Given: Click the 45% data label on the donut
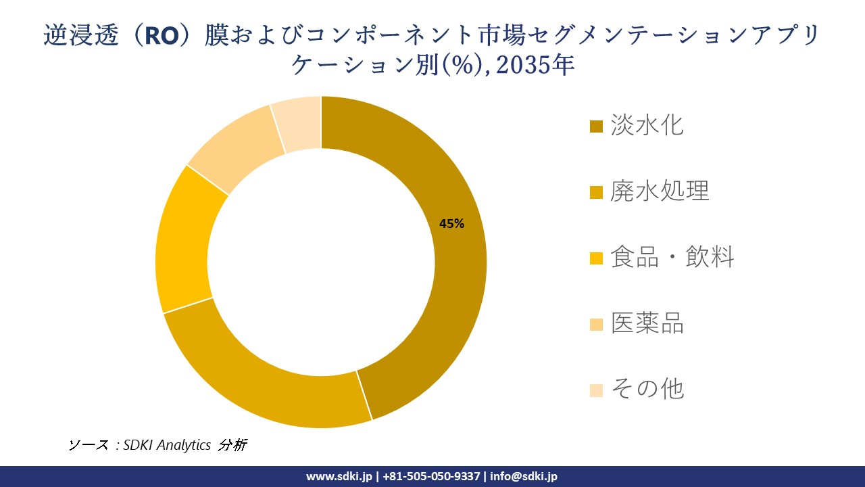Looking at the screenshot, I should point(451,224).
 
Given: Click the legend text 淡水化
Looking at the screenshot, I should point(647,126).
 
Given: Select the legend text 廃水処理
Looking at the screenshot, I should point(660,191).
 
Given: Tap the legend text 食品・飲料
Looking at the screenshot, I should point(672,258).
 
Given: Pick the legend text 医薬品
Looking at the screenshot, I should point(647,323).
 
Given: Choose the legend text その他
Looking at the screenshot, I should point(647,389).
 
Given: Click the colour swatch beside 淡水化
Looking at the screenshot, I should point(596,126).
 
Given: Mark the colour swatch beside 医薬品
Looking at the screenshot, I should point(596,324).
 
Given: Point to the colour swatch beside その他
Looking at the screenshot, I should point(596,390).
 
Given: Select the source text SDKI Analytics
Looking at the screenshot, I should point(167,445).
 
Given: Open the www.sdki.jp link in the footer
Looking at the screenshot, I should point(339,476).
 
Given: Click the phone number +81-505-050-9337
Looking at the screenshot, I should point(431,476).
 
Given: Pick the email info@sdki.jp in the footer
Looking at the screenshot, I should point(524,476).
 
